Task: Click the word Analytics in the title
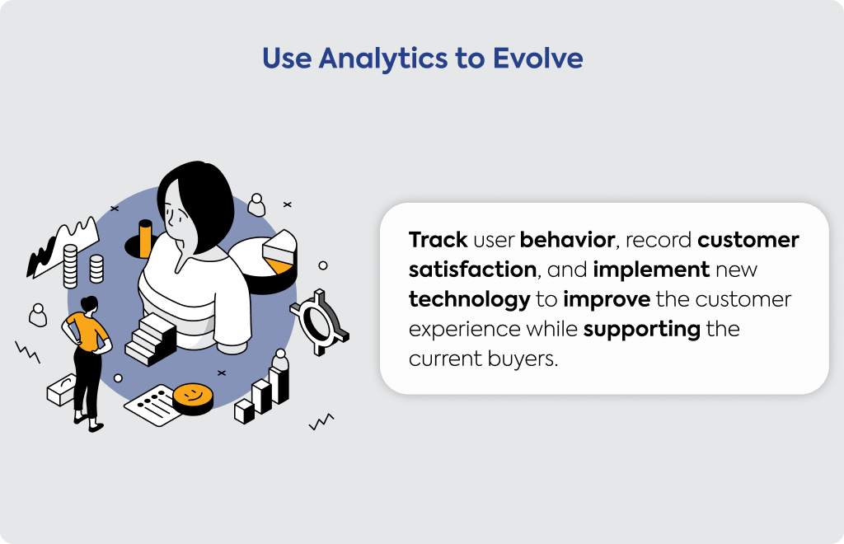[x=382, y=59]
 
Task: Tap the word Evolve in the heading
[x=537, y=59]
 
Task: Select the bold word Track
[x=438, y=240]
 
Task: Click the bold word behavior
[x=567, y=240]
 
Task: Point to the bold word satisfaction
[x=472, y=270]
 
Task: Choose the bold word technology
[x=469, y=300]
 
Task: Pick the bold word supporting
[x=641, y=330]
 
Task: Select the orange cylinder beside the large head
[x=145, y=238]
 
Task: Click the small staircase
[x=151, y=339]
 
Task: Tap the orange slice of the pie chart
[x=280, y=265]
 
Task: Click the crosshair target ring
[x=321, y=322]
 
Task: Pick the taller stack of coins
[x=71, y=265]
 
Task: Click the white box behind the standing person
[x=61, y=390]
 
